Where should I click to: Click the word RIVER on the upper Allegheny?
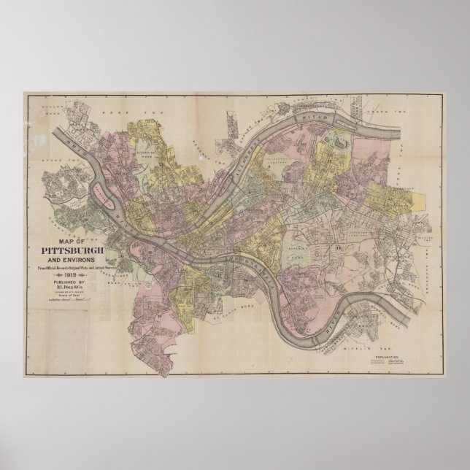[307, 115]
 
